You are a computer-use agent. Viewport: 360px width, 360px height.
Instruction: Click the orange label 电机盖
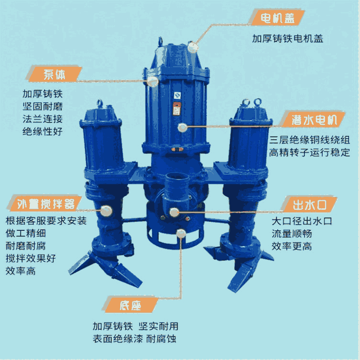pyautogui.click(x=277, y=17)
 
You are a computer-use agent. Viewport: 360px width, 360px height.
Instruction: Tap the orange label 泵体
pyautogui.click(x=54, y=74)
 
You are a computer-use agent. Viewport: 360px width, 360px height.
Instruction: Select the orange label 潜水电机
pyautogui.click(x=314, y=120)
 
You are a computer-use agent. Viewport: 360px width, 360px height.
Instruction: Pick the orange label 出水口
pyautogui.click(x=310, y=204)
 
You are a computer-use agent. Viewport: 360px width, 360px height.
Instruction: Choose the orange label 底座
pyautogui.click(x=130, y=305)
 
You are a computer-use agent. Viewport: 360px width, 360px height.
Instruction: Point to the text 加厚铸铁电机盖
pyautogui.click(x=288, y=38)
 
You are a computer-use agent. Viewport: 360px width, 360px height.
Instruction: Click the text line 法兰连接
pyautogui.click(x=43, y=119)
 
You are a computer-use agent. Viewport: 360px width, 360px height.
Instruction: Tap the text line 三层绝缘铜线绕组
pyautogui.click(x=310, y=140)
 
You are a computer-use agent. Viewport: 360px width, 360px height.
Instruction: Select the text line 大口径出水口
pyautogui.click(x=302, y=221)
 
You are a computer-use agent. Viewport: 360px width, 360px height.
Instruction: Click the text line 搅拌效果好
pyautogui.click(x=31, y=258)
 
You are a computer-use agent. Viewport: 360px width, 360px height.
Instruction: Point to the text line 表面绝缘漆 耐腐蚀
pyautogui.click(x=135, y=338)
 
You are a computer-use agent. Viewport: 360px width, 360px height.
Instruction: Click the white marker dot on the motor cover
pyautogui.click(x=193, y=48)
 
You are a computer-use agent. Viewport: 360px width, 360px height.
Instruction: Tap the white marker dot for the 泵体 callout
pyautogui.click(x=152, y=82)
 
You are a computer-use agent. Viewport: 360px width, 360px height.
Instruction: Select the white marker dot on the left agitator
pyautogui.click(x=106, y=211)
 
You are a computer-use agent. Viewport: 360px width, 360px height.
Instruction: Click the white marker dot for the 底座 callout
pyautogui.click(x=181, y=233)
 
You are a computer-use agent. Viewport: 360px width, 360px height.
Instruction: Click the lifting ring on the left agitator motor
pyautogui.click(x=100, y=103)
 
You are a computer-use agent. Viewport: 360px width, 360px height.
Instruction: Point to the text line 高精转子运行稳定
pyautogui.click(x=310, y=153)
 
